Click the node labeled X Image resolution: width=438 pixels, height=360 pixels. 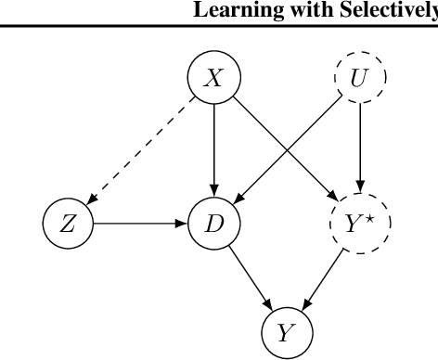214,80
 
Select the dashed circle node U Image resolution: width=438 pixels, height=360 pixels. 360,80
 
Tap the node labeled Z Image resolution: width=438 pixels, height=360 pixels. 69,224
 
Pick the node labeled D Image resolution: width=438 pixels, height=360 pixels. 214,224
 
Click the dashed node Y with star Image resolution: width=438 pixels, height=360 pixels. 360,224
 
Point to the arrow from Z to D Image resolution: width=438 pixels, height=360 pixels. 139,224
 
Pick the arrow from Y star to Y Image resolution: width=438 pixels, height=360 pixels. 325,276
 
